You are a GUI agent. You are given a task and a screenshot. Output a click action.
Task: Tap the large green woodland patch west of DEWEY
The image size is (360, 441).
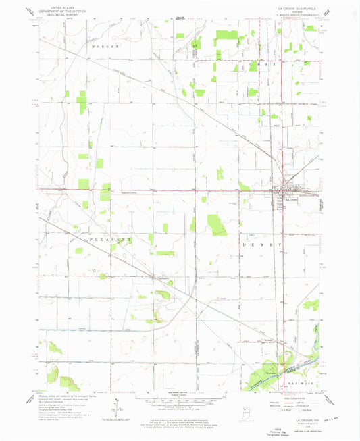click(217, 224)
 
